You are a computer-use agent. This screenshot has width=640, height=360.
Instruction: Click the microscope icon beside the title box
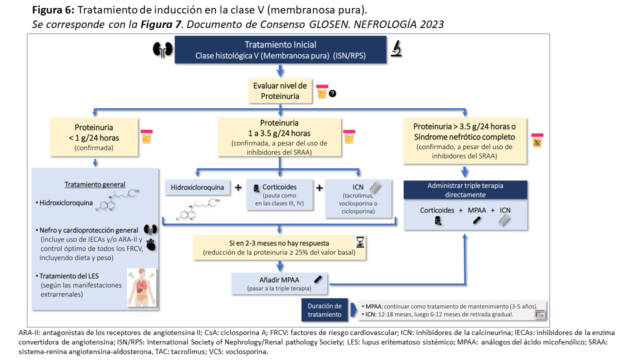[396, 49]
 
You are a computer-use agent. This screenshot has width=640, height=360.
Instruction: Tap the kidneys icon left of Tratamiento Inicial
[162, 49]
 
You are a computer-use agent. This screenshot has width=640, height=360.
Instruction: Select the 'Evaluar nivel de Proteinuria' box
[280, 91]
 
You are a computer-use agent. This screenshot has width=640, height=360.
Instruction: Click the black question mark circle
[332, 93]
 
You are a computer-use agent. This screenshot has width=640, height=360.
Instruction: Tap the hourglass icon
[360, 242]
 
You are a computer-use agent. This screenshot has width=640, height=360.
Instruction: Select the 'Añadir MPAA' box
[279, 283]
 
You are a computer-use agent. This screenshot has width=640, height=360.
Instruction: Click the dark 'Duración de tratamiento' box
[324, 310]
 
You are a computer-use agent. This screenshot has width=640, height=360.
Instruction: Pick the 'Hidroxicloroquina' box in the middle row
[198, 188]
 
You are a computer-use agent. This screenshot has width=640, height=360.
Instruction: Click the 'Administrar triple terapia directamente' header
[465, 190]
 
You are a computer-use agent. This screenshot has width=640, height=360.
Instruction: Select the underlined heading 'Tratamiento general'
[94, 184]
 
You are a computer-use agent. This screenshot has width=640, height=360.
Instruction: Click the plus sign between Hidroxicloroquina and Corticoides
[238, 187]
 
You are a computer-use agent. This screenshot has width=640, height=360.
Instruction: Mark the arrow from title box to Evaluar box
[280, 70]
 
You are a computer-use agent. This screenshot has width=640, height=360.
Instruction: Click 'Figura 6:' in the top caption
[53, 10]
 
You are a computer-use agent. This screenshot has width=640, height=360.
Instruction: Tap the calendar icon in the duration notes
[539, 314]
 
